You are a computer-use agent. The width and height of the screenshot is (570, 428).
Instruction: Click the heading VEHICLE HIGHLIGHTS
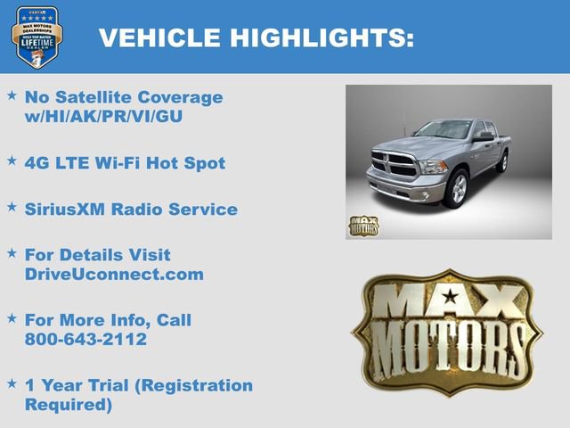pos(256,37)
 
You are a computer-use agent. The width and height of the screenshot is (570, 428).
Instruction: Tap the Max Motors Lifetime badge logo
pos(37,37)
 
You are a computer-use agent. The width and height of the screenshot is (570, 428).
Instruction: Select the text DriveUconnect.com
pos(114,275)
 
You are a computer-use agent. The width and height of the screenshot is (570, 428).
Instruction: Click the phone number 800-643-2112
pos(85,340)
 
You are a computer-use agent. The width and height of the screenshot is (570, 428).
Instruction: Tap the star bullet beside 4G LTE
pos(12,161)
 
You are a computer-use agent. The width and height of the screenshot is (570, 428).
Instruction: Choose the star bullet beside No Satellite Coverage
pos(12,95)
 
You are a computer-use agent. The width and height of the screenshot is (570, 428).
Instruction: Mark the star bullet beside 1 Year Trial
pos(12,383)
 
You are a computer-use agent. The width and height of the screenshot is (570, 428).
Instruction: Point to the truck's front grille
pos(393,166)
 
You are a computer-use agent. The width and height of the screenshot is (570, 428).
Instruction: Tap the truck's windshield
pos(443,131)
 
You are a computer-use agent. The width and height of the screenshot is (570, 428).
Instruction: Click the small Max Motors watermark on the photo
pos(363,226)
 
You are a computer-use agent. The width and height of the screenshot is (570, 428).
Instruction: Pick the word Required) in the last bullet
pos(68,406)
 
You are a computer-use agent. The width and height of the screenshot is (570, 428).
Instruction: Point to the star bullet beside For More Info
pos(12,318)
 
